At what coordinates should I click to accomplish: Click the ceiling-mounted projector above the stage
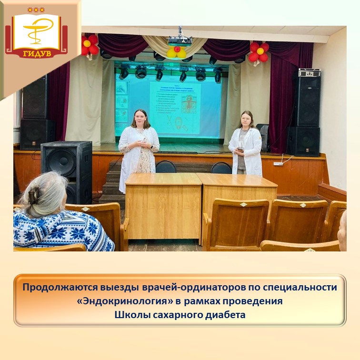tap(180, 40)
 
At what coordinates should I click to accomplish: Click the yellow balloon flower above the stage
tap(177, 51)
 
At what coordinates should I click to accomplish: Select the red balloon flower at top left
tap(90, 45)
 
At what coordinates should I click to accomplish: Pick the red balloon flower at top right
tap(260, 51)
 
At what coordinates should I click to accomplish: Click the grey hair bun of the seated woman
tap(34, 196)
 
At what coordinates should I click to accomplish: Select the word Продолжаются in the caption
tap(53, 288)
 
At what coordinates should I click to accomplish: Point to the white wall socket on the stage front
tap(278, 163)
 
